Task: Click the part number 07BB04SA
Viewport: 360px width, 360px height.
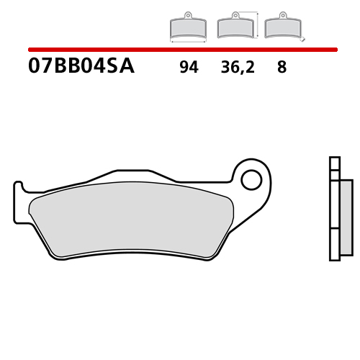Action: (81, 68)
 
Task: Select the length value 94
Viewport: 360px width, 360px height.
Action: (189, 68)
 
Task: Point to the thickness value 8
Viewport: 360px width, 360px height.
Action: (281, 68)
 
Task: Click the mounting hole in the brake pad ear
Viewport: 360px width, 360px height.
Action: (251, 179)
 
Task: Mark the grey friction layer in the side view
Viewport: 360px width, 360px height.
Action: (347, 216)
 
